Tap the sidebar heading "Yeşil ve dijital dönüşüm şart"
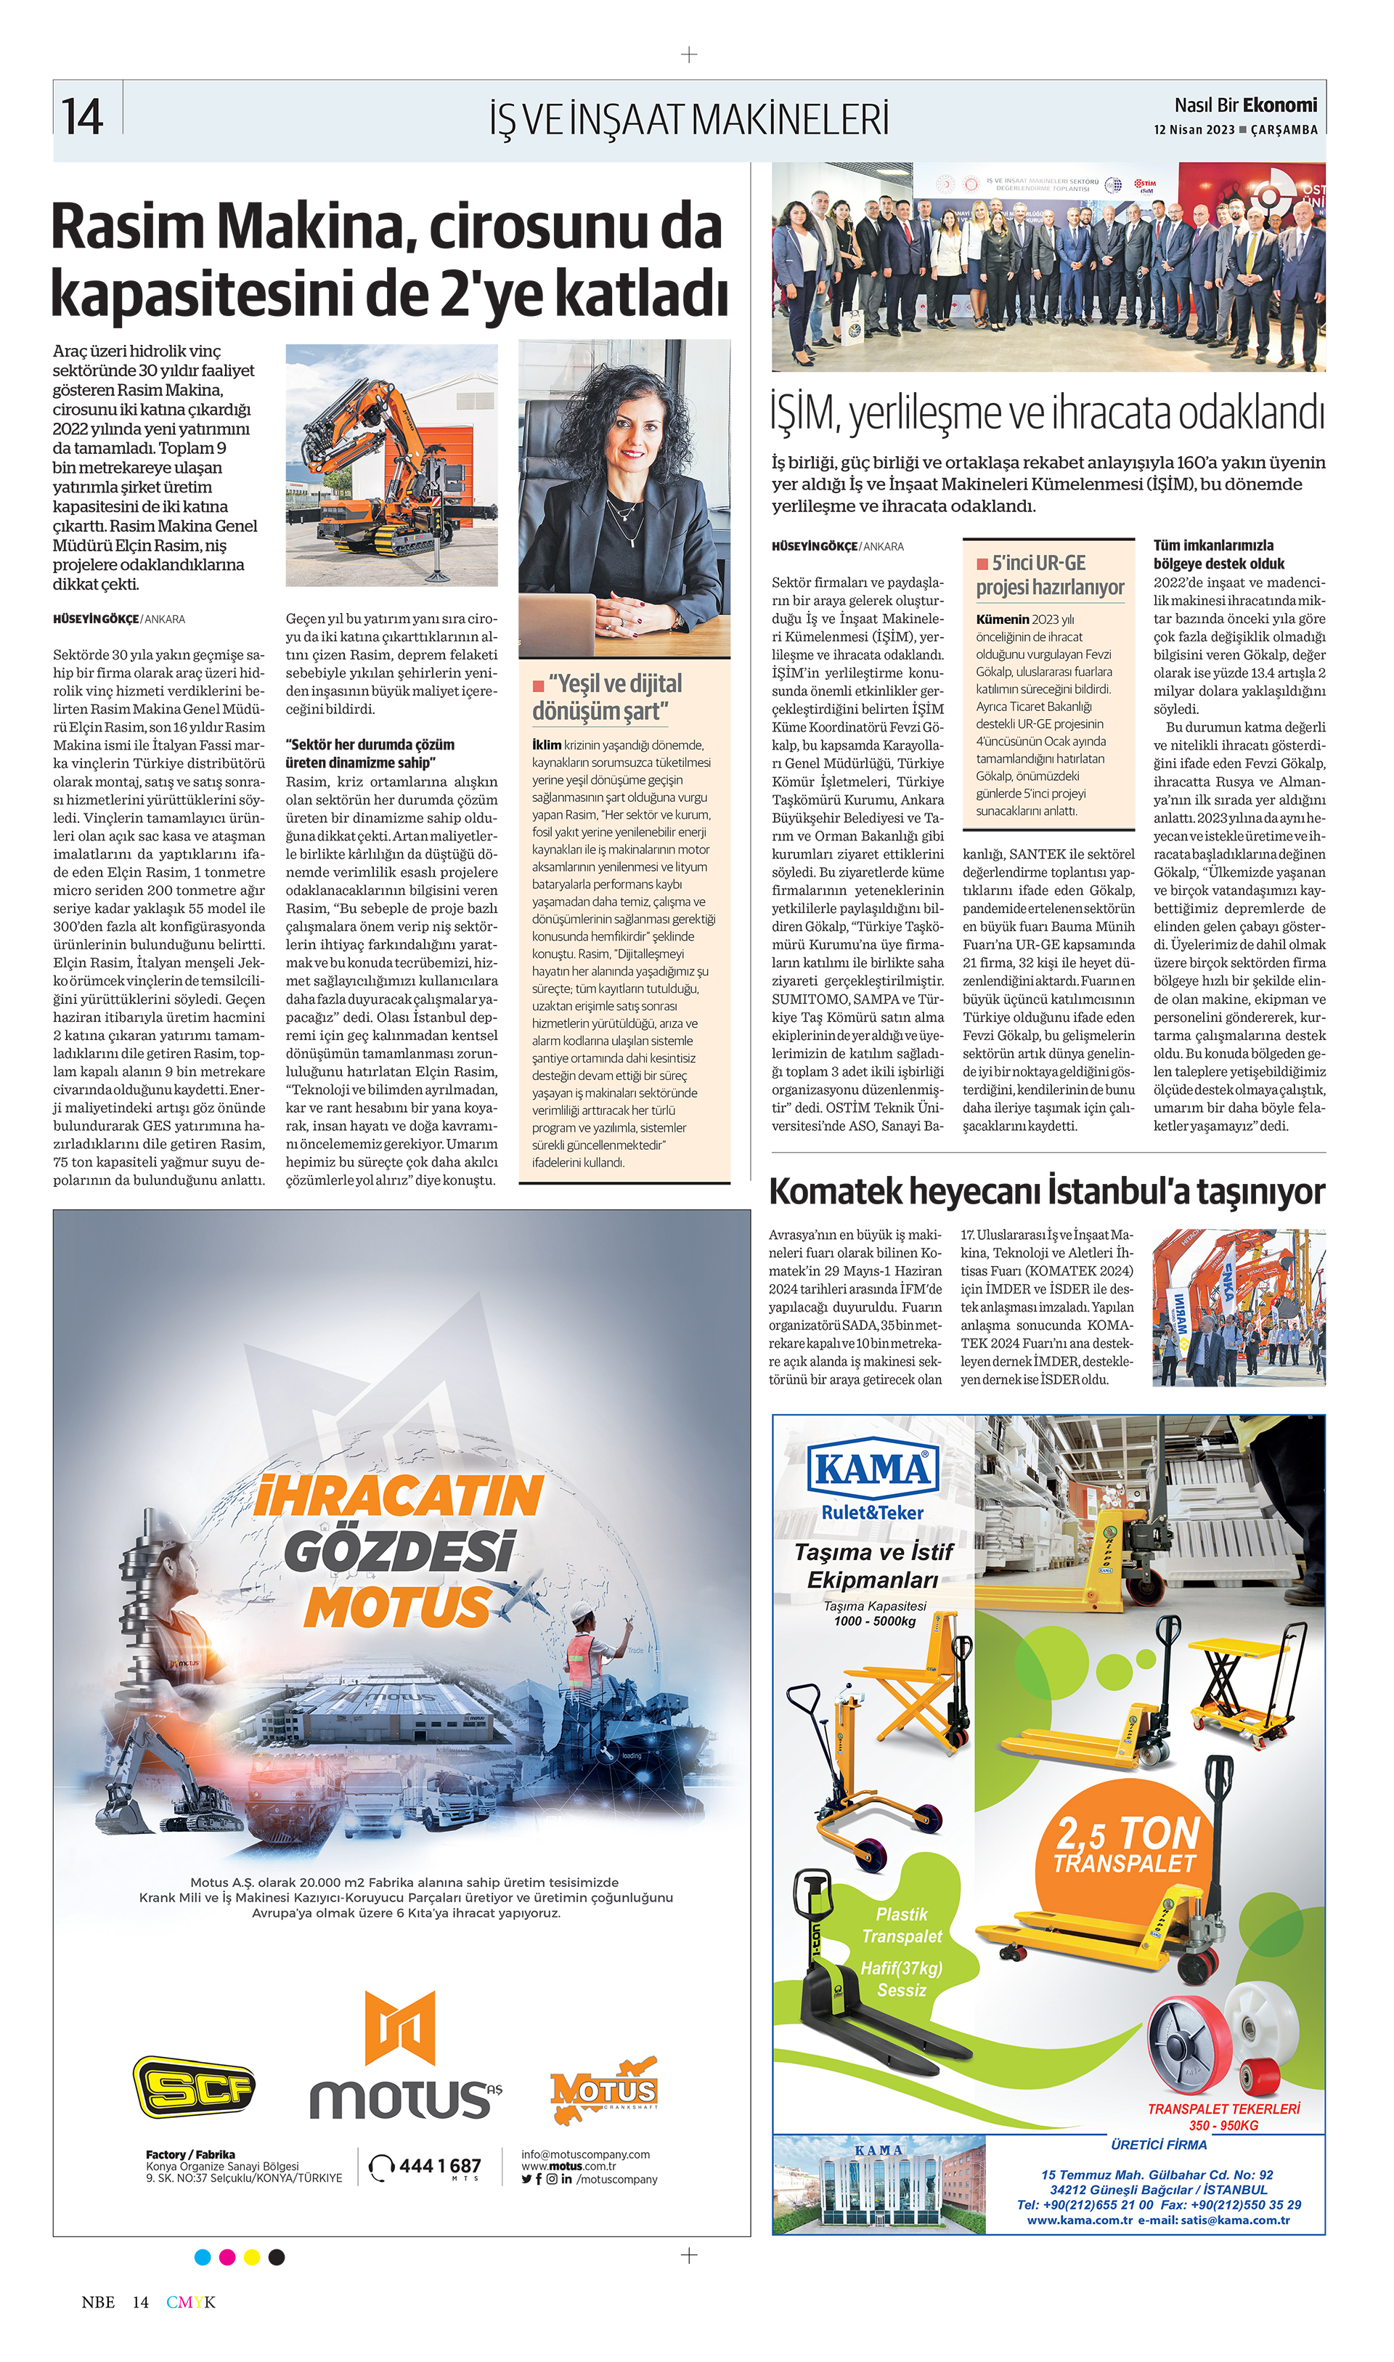(x=608, y=697)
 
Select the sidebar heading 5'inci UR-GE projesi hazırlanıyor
(x=1049, y=575)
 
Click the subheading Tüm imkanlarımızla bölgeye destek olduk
(x=1218, y=554)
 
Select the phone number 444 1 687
(x=439, y=2166)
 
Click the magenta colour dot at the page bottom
(x=227, y=2257)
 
